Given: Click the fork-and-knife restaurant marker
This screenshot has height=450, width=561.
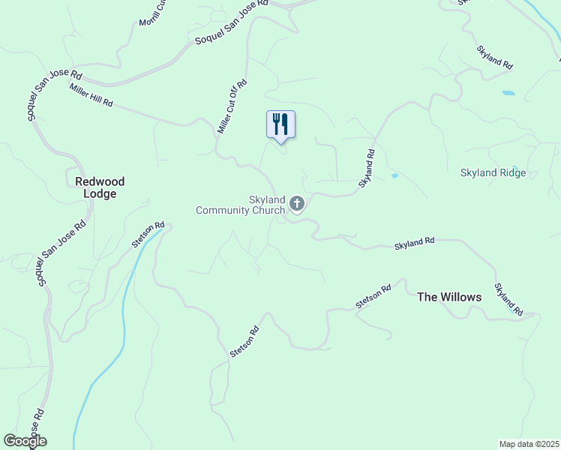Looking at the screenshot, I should click(280, 124).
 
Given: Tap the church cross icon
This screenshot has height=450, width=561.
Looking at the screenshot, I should click(297, 203).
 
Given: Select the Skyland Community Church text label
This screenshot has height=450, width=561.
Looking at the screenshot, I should click(241, 205).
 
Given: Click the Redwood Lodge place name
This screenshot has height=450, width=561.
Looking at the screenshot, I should click(100, 187).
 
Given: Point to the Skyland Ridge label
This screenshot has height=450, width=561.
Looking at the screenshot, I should click(493, 173).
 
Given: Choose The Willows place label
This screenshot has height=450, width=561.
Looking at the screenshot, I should click(449, 297).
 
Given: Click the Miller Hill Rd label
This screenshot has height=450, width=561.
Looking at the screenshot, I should click(91, 95).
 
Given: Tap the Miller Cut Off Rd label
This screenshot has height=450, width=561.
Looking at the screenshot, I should click(232, 107).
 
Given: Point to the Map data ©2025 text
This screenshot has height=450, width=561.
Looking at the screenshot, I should click(529, 444).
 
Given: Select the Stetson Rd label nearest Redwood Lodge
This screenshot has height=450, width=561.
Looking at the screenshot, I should click(148, 235).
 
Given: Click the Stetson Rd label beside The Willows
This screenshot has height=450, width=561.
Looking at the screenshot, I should click(373, 296).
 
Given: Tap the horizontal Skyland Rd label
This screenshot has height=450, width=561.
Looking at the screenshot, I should click(415, 243).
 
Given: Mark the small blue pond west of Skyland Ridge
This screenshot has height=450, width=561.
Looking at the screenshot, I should click(394, 176).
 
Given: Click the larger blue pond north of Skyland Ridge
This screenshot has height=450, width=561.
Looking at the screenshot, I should click(508, 93).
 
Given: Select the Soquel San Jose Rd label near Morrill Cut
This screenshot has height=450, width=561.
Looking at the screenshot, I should click(231, 22).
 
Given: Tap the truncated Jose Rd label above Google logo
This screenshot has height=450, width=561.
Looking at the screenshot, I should click(37, 424).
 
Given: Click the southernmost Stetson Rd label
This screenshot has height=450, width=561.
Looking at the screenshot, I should click(244, 340).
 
